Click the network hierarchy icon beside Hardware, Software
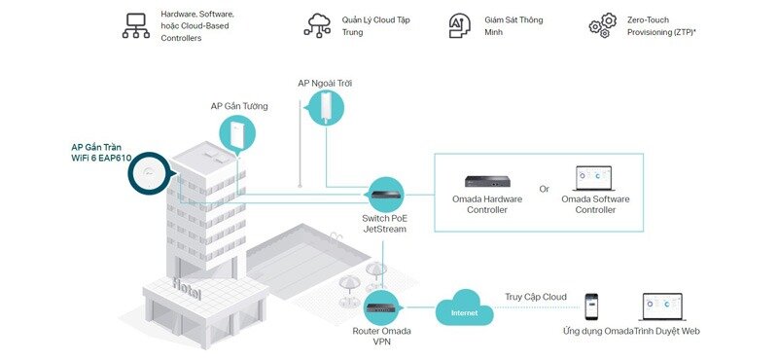135,26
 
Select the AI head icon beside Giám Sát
461,26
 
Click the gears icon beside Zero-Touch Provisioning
603,26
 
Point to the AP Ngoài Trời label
326,84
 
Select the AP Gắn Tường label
239,106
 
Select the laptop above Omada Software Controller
595,178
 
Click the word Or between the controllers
545,189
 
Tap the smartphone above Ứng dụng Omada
590,307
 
